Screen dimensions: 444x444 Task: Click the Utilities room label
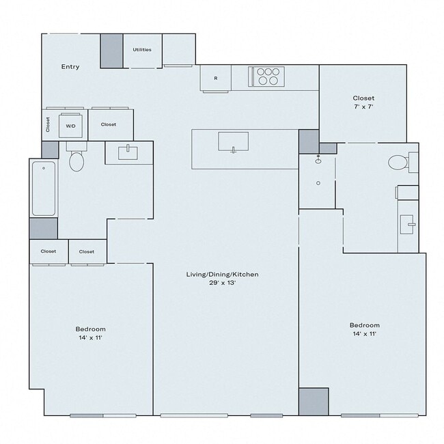(x=142, y=50)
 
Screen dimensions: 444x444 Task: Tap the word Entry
(x=70, y=67)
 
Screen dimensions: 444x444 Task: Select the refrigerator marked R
(x=215, y=78)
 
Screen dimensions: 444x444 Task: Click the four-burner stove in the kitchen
(x=267, y=76)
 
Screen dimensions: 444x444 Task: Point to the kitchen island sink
(x=233, y=142)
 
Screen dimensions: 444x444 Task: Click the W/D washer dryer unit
(x=71, y=126)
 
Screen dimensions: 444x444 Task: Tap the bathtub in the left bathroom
(x=43, y=189)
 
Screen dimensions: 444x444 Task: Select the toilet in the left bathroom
(x=76, y=161)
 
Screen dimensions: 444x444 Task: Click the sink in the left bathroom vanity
(x=128, y=152)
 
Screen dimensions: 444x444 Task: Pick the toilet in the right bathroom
(x=397, y=163)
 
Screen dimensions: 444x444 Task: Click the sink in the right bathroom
(x=408, y=222)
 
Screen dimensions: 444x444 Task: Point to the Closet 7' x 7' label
(x=363, y=102)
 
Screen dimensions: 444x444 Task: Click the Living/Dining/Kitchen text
(x=223, y=274)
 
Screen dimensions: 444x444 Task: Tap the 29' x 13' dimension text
(x=223, y=283)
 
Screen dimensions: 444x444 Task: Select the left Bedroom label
(x=90, y=333)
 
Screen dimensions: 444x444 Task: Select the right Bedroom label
(x=364, y=329)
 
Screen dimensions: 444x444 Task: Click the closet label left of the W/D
(x=48, y=124)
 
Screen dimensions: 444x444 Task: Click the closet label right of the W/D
(x=108, y=124)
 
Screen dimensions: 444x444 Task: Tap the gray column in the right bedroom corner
(x=314, y=401)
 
